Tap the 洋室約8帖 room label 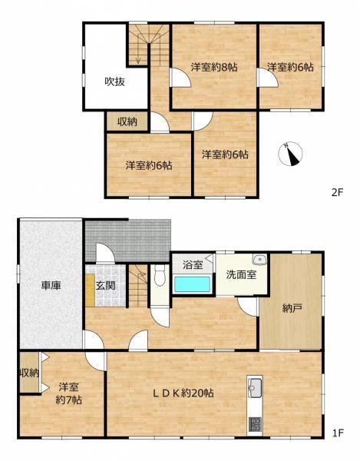[x=213, y=68]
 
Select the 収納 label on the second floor [x=127, y=122]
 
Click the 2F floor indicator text [x=337, y=192]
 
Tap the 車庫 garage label [x=51, y=285]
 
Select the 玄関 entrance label [x=105, y=285]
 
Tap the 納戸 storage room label [x=292, y=307]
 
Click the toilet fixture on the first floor [x=157, y=276]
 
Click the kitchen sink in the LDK [x=256, y=387]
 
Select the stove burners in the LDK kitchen [x=256, y=423]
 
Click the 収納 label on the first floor [x=28, y=373]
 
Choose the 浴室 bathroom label [x=193, y=265]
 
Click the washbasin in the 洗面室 [x=259, y=259]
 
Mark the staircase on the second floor [x=143, y=46]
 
